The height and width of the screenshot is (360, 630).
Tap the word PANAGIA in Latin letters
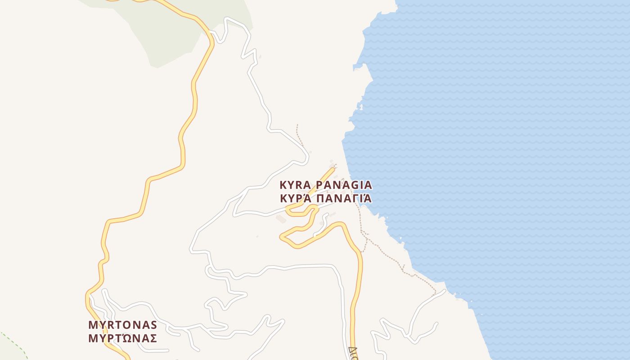344,185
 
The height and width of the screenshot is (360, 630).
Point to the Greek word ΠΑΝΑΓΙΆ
344,198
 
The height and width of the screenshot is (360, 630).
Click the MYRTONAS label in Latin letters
122,325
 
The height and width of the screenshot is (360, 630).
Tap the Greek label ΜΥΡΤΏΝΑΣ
122,338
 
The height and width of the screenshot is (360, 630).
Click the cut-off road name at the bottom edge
353,352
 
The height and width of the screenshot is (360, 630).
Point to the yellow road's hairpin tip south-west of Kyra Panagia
282,236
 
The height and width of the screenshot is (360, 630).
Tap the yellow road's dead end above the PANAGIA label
333,169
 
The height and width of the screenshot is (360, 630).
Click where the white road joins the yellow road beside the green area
210,32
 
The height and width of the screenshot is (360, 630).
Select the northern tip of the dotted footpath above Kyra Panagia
297,125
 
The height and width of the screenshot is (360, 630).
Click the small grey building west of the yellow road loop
281,219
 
